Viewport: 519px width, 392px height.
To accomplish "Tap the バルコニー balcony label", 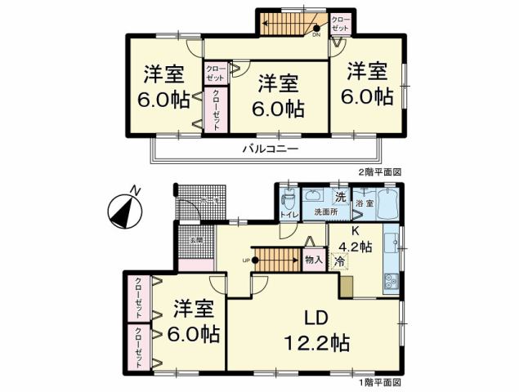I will tap(269, 149).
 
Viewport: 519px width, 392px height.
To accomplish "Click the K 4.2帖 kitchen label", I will tap(357, 238).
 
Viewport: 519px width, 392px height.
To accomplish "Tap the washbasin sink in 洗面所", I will tap(314, 195).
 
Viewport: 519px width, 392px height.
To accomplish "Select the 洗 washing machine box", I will tap(339, 195).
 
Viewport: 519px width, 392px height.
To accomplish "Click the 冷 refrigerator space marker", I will tap(339, 263).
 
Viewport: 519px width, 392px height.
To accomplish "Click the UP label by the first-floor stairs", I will tap(245, 261).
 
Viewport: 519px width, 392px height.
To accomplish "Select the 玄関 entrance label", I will tap(197, 240).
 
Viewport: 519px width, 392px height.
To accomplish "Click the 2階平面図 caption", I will tap(382, 172).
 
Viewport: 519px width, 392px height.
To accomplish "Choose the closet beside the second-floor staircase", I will tap(341, 24).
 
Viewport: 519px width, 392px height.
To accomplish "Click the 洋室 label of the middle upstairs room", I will tap(280, 82).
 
